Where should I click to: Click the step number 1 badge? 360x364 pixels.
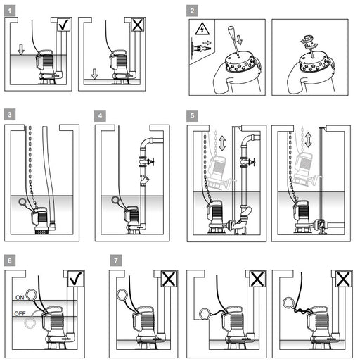click(x=10, y=11)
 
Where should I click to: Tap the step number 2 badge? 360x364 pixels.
click(x=192, y=11)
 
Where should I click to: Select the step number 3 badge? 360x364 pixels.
click(x=10, y=115)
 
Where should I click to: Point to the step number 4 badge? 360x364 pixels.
click(x=100, y=115)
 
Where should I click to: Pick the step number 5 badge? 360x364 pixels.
click(x=192, y=115)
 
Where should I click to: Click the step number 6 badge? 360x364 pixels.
click(x=10, y=261)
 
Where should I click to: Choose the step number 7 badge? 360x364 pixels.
click(x=116, y=261)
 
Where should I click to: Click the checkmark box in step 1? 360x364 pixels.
click(x=63, y=25)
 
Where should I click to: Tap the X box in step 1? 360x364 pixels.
click(x=137, y=25)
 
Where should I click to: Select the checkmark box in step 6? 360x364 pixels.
click(x=76, y=278)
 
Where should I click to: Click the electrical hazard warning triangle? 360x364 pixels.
click(x=202, y=29)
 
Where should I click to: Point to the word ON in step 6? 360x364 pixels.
click(x=20, y=298)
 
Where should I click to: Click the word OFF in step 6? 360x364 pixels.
click(x=20, y=314)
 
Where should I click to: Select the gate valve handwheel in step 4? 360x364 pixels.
click(x=152, y=162)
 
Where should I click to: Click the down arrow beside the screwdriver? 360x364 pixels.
click(x=239, y=39)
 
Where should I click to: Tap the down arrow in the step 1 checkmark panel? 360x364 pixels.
click(x=21, y=49)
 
